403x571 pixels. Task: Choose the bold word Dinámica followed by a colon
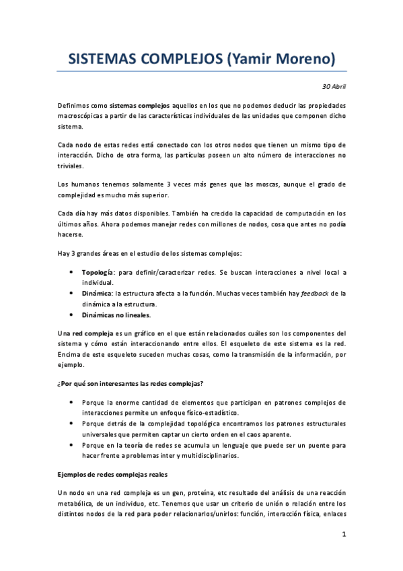98,294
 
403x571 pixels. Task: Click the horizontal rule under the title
201,71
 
